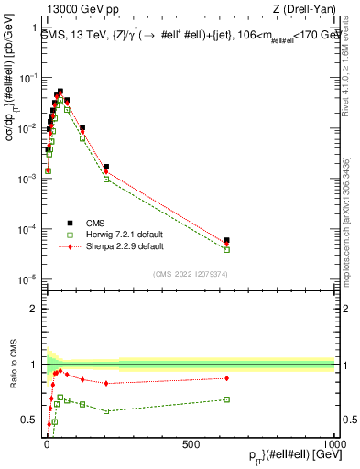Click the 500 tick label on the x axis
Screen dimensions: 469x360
pyautogui.click(x=190, y=443)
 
